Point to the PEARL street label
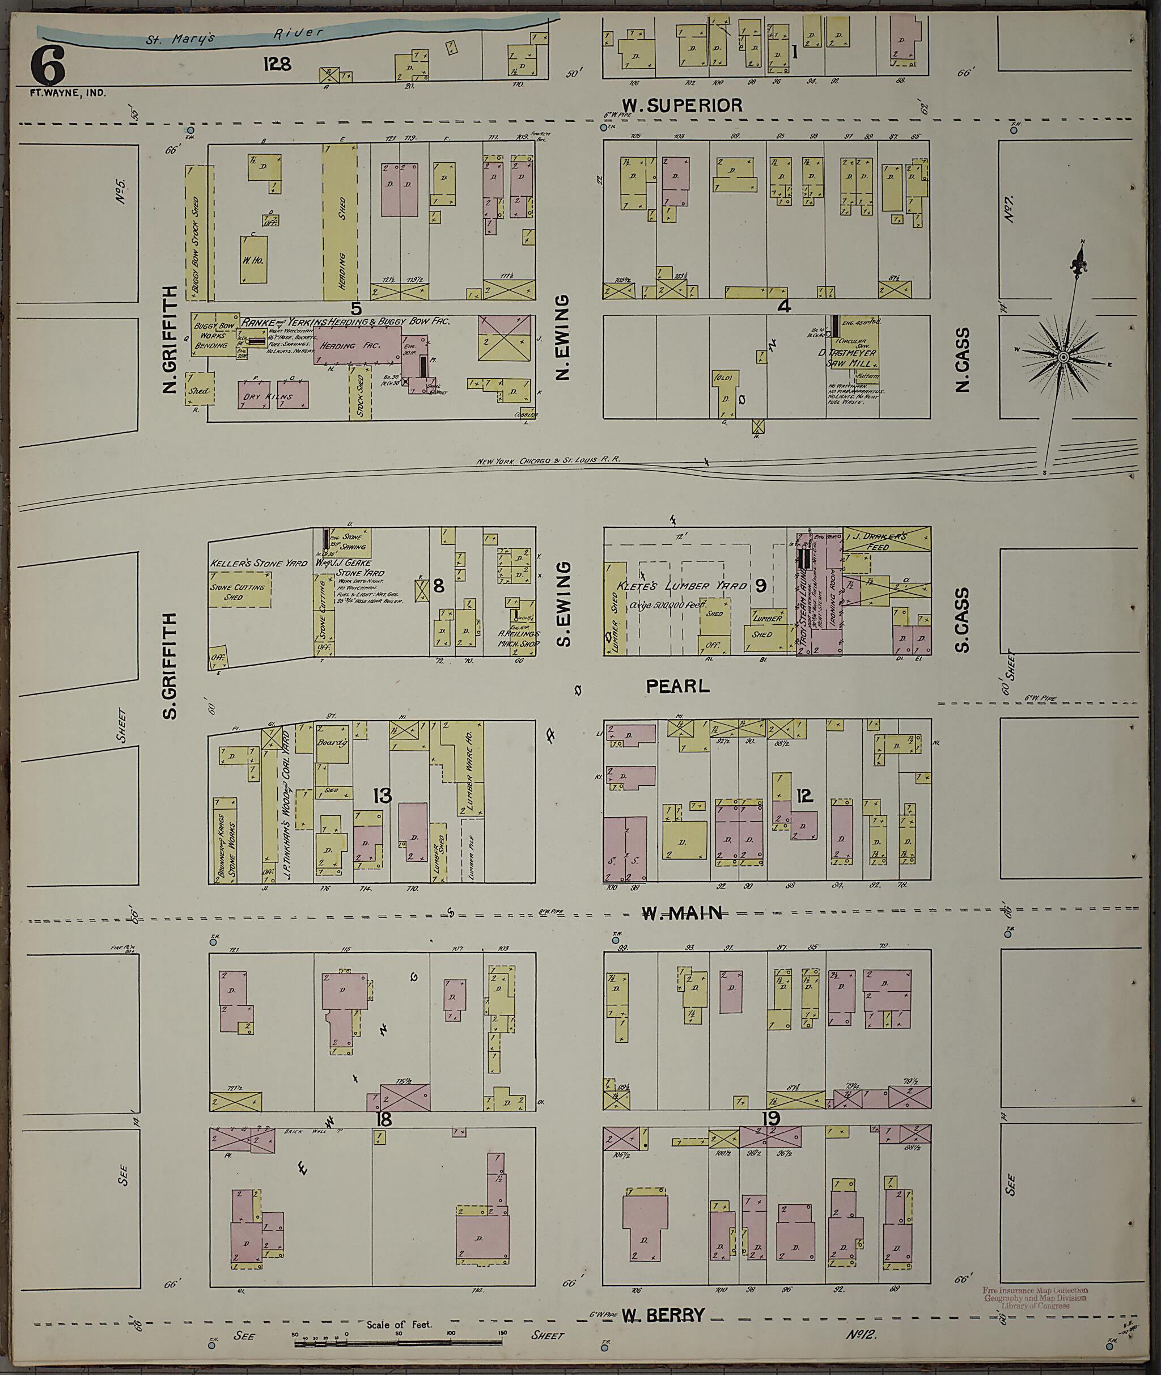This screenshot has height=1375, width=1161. click(677, 687)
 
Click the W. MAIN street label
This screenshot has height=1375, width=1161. click(682, 912)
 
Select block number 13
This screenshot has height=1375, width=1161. click(382, 796)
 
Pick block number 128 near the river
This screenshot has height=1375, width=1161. click(277, 64)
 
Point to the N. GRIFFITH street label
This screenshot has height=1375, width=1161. click(170, 340)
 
